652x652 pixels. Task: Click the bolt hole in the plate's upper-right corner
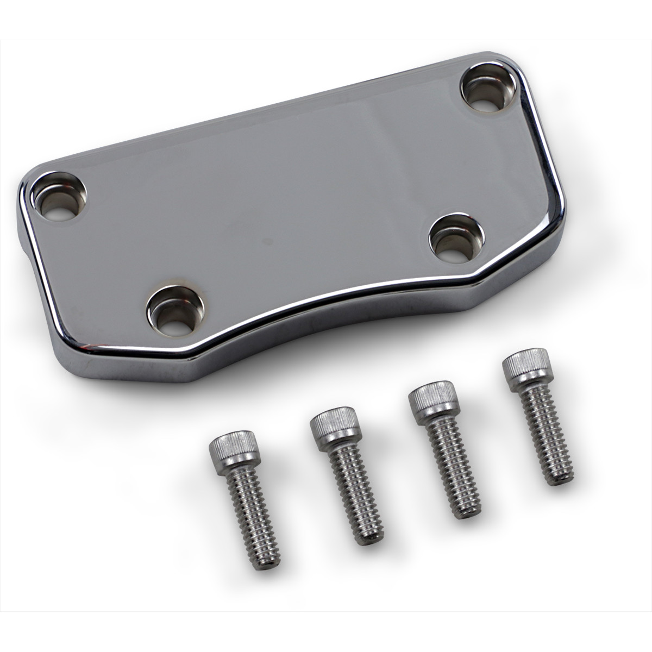[x=488, y=89]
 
